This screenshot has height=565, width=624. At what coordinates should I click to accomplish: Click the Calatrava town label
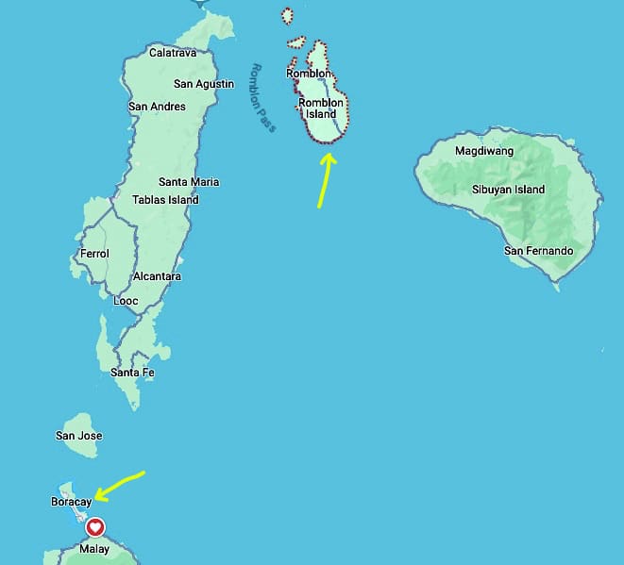coord(173,53)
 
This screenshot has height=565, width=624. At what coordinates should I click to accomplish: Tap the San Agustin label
coord(204,84)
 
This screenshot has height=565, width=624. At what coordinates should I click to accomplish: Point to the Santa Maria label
coord(189,181)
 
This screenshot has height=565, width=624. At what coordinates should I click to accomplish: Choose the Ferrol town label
coord(94,254)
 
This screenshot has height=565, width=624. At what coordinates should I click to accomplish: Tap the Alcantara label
coord(158,276)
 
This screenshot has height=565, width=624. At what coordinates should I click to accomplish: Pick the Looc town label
coord(126,301)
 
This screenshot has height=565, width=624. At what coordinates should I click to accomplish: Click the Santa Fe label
coord(132,373)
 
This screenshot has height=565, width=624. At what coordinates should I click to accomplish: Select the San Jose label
coord(79,436)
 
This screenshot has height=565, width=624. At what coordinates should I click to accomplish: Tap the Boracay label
coord(71,502)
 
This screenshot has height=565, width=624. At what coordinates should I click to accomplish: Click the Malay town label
coord(94,549)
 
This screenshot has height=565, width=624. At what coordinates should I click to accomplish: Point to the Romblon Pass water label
coord(261,97)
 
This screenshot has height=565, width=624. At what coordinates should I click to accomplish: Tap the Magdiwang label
coord(484,150)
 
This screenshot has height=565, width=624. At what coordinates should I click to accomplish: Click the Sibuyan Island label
coord(508,190)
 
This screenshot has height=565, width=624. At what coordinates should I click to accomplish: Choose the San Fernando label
coord(538,251)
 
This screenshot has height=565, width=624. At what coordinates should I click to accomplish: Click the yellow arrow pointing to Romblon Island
coord(325,179)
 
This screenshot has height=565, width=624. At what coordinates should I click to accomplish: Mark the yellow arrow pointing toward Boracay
coord(118,484)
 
